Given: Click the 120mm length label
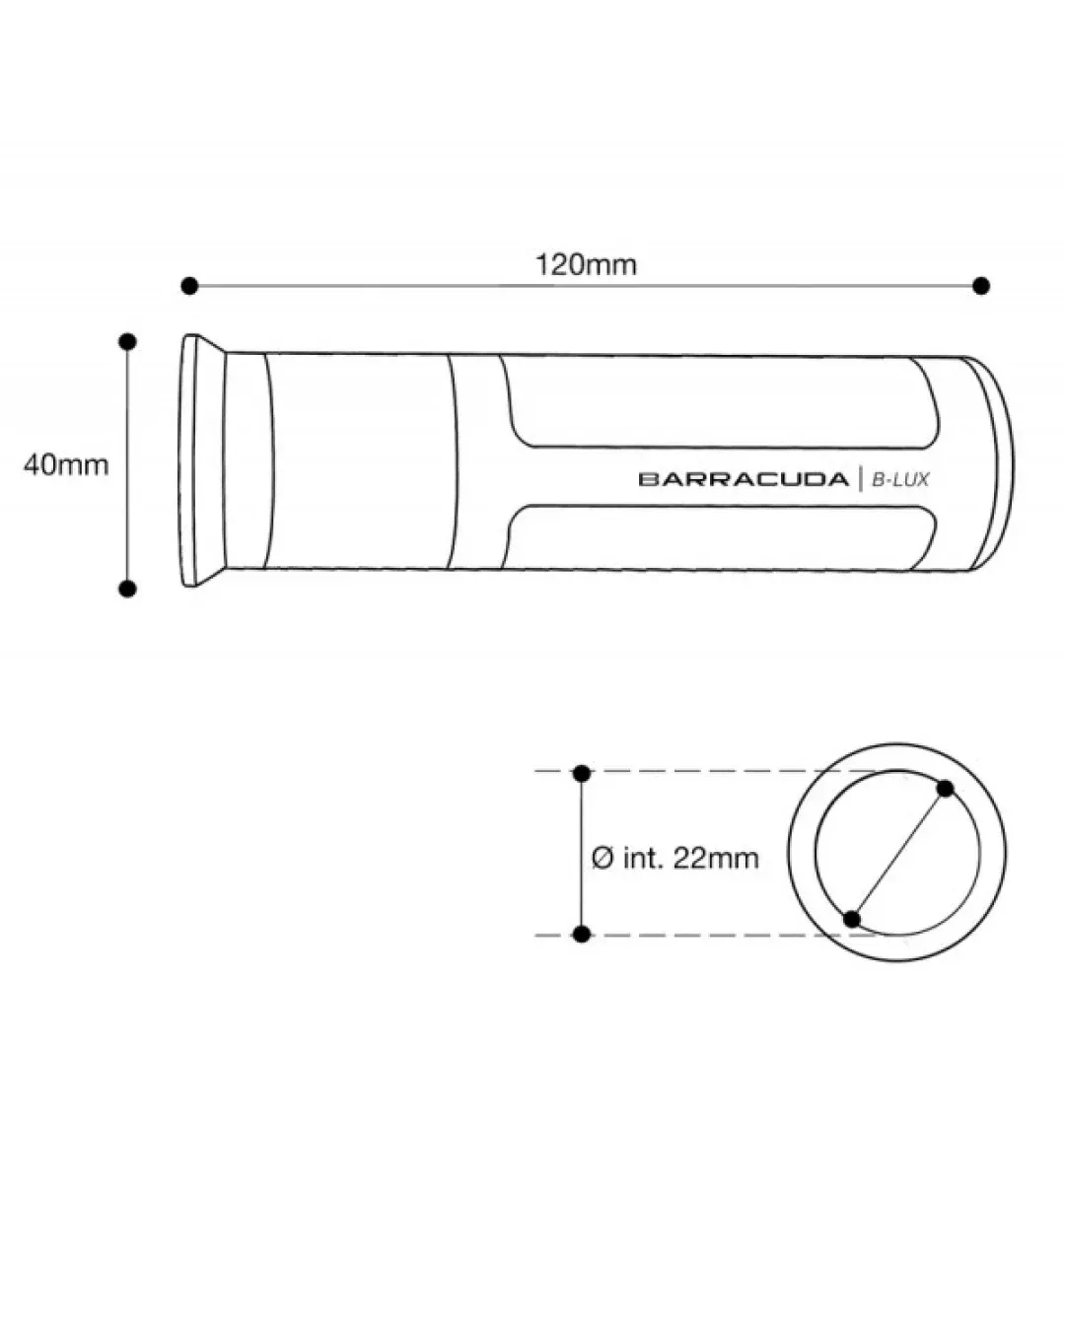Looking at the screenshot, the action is pyautogui.click(x=586, y=264).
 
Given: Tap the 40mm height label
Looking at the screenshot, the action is pyautogui.click(x=66, y=464).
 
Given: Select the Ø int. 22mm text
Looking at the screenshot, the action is pyautogui.click(x=675, y=859).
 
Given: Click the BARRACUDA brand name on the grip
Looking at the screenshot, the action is pyautogui.click(x=744, y=479).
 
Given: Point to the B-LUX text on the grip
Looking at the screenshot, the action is pyautogui.click(x=900, y=480).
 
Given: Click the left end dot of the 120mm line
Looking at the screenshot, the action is pyautogui.click(x=189, y=286).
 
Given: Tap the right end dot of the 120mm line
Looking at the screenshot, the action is pyautogui.click(x=981, y=286).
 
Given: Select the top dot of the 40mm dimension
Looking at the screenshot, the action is pyautogui.click(x=127, y=341).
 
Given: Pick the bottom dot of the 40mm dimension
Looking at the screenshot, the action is pyautogui.click(x=127, y=589).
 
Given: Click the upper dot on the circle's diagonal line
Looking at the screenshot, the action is pyautogui.click(x=945, y=789).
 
